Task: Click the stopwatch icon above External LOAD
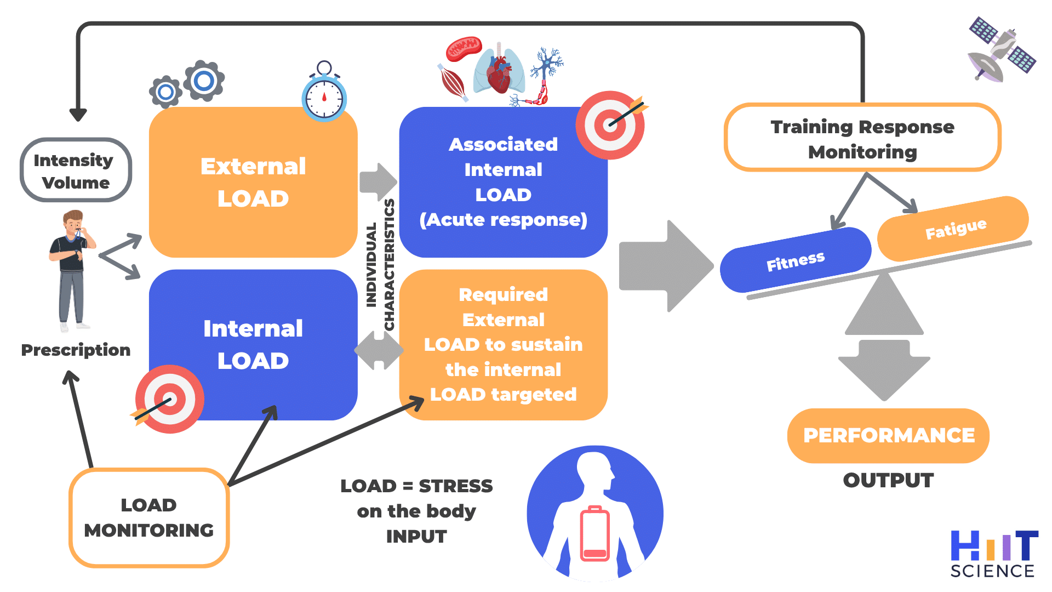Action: tap(324, 96)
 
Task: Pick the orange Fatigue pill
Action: tap(954, 229)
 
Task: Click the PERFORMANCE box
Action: tap(888, 435)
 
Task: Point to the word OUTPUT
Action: tap(888, 480)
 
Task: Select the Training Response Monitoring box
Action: tap(862, 139)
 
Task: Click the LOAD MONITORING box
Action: tap(149, 517)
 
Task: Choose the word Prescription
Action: tap(76, 350)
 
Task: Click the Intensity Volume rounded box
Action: tap(76, 170)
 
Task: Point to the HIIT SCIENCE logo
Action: tap(993, 554)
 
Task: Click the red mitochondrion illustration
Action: tap(464, 48)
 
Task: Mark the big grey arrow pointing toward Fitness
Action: tap(666, 266)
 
